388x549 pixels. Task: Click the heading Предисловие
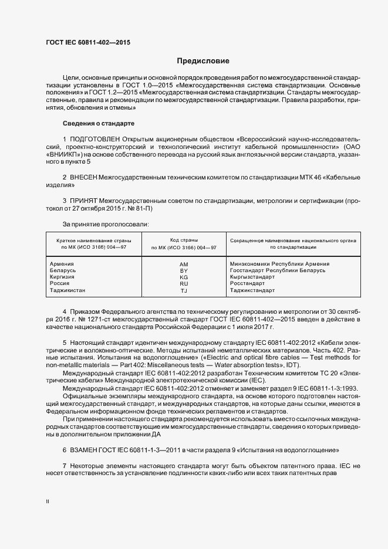tap(203, 61)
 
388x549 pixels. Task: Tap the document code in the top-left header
tap(88, 43)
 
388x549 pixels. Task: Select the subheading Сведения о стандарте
tap(99, 123)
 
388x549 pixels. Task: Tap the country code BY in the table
tap(184, 270)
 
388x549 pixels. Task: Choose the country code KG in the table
tap(184, 277)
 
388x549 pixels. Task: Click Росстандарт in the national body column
tap(248, 283)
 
